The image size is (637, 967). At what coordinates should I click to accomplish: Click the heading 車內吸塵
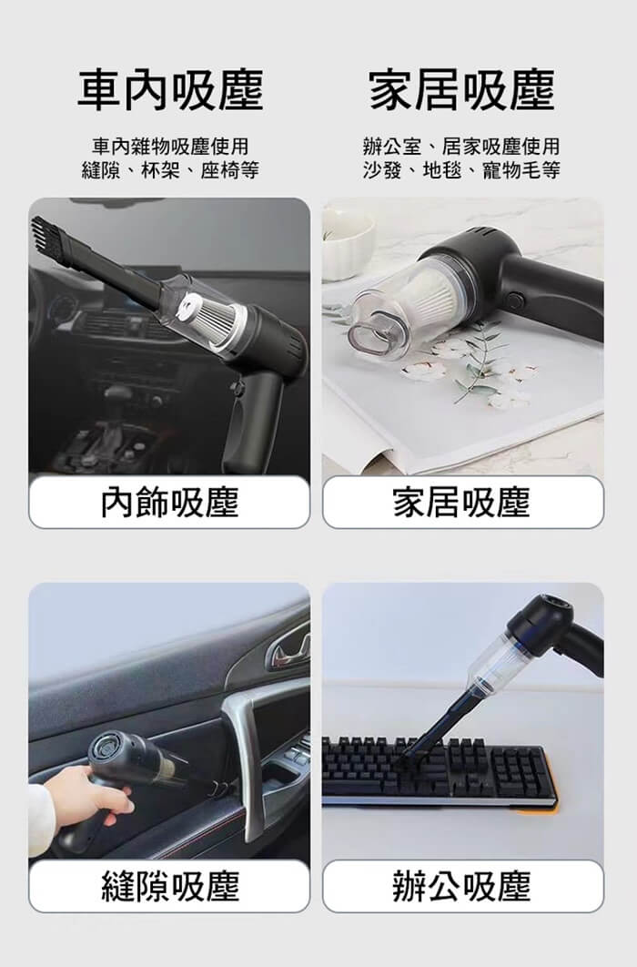171,90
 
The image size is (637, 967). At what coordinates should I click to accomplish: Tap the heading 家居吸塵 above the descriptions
462,90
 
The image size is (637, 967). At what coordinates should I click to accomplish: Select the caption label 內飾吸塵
169,502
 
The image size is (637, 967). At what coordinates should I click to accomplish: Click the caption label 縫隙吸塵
169,886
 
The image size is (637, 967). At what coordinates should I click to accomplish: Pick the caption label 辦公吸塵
462,886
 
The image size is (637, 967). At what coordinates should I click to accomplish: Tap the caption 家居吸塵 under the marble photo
462,502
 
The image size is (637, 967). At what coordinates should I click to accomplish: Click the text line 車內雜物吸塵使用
171,147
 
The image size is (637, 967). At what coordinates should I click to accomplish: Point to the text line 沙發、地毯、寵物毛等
462,169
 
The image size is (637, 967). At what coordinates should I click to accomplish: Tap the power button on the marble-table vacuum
516,301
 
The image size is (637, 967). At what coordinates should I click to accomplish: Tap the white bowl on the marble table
348,240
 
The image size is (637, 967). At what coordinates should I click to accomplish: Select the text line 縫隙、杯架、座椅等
171,169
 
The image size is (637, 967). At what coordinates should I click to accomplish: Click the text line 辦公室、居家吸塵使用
462,147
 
